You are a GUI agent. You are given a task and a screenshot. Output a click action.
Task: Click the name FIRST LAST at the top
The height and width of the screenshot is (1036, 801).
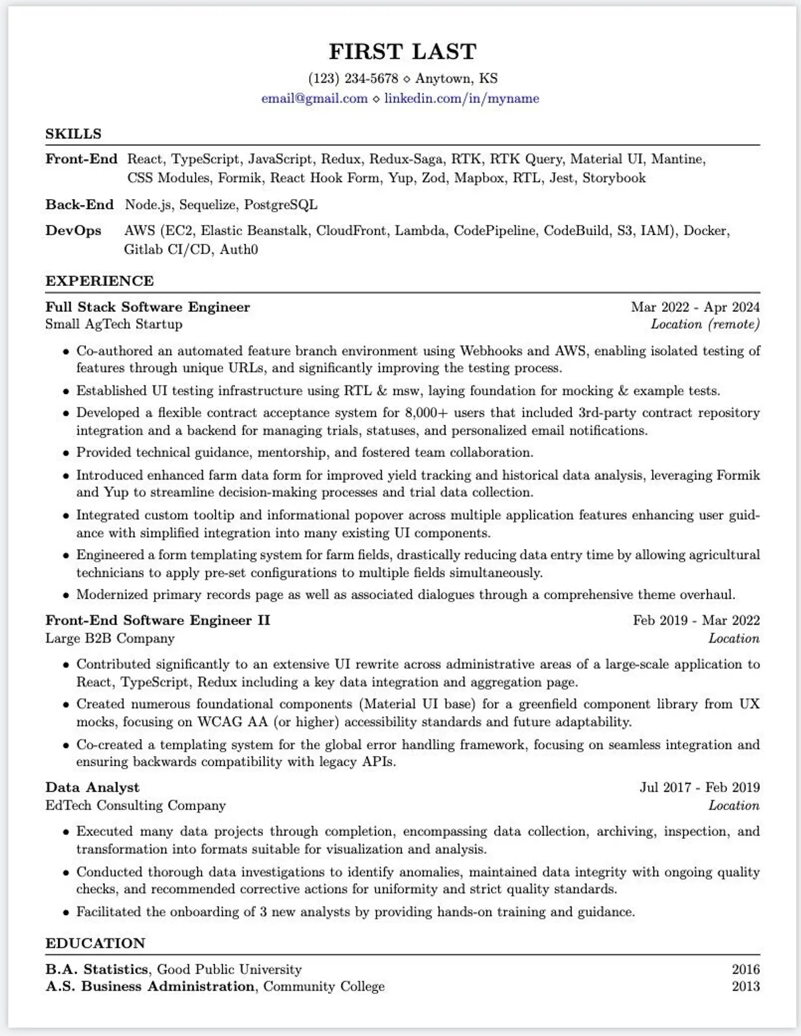coord(403,51)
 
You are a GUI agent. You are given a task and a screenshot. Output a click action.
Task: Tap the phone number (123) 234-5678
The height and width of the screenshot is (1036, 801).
coord(353,78)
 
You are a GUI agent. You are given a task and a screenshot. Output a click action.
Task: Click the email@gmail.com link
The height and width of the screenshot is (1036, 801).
coord(314,98)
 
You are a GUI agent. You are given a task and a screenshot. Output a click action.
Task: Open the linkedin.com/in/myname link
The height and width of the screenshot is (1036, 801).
coord(461,98)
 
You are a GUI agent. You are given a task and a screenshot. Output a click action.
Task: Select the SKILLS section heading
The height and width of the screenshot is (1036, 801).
coord(73,134)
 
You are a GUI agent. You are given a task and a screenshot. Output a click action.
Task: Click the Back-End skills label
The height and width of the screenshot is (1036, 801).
coord(79,204)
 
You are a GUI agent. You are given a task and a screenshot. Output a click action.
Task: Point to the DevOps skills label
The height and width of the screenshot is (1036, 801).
coord(73,230)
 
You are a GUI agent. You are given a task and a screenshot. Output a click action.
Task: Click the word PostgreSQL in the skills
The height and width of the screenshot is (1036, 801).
coord(280,204)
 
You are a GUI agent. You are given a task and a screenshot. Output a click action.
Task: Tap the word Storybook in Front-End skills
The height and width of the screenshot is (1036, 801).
coord(613,178)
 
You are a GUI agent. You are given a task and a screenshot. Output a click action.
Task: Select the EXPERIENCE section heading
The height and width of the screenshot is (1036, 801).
coord(99,281)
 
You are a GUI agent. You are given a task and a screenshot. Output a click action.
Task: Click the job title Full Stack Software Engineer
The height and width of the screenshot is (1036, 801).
coord(148,307)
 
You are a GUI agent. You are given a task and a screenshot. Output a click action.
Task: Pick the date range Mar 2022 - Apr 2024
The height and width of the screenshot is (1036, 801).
coord(695,307)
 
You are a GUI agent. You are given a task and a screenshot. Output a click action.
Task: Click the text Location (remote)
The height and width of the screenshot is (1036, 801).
coord(705,325)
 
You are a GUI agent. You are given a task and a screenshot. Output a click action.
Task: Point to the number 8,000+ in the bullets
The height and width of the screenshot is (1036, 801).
coord(427,413)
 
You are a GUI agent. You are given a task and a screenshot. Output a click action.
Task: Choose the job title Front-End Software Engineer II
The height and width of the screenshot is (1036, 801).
coord(158,621)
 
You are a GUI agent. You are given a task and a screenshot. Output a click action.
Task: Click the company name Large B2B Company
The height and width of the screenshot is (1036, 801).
coord(110,638)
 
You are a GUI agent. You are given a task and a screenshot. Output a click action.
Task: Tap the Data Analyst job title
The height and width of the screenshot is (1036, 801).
coord(92,788)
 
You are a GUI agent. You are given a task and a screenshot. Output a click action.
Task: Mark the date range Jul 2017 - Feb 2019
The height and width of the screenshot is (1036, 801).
coord(700,788)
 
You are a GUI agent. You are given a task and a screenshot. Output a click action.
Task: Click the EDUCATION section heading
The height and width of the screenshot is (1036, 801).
coord(95,943)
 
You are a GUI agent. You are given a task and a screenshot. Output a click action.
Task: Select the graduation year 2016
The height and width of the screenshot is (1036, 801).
coord(746,969)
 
